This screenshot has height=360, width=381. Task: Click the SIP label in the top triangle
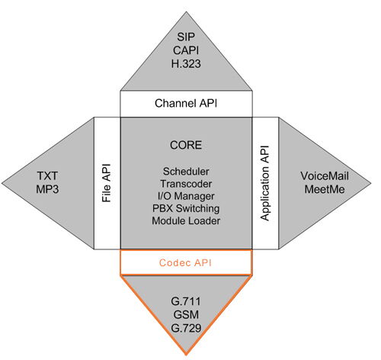pyautogui.click(x=186, y=37)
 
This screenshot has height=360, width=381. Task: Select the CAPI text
pyautogui.click(x=186, y=50)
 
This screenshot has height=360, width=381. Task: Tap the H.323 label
pyautogui.click(x=186, y=63)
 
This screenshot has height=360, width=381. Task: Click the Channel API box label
pyautogui.click(x=186, y=104)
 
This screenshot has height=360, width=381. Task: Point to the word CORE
pyautogui.click(x=186, y=145)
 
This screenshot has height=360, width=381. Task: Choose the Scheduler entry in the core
pyautogui.click(x=186, y=172)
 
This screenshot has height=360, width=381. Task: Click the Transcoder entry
pyautogui.click(x=186, y=184)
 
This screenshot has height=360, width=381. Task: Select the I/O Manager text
pyautogui.click(x=186, y=196)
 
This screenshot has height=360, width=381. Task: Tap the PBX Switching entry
pyautogui.click(x=186, y=208)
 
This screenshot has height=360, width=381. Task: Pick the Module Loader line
pyautogui.click(x=186, y=220)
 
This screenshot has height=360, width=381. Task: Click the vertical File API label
pyautogui.click(x=107, y=183)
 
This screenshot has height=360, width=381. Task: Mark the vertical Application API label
pyautogui.click(x=264, y=183)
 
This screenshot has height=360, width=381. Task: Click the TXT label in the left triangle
pyautogui.click(x=47, y=176)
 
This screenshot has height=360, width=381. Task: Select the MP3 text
pyautogui.click(x=47, y=189)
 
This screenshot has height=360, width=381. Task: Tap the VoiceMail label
pyautogui.click(x=325, y=176)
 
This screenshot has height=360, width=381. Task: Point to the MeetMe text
pyautogui.click(x=325, y=189)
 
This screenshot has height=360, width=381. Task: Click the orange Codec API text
pyautogui.click(x=185, y=262)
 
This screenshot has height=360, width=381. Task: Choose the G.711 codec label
pyautogui.click(x=186, y=301)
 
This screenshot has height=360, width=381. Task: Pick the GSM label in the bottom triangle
pyautogui.click(x=186, y=315)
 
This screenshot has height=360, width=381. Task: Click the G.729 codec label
pyautogui.click(x=186, y=328)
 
